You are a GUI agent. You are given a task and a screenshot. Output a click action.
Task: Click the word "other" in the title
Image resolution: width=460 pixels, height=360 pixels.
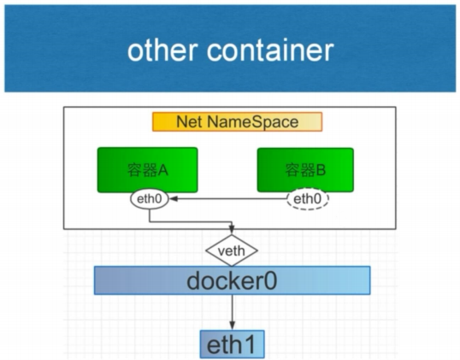click(x=162, y=50)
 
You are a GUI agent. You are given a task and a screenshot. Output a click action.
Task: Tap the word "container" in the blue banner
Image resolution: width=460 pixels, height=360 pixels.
click(x=270, y=50)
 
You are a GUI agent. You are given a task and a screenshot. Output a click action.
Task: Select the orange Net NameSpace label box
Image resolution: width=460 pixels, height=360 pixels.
click(x=238, y=121)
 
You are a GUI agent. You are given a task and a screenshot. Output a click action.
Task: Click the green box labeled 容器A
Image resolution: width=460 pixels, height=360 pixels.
click(x=148, y=170)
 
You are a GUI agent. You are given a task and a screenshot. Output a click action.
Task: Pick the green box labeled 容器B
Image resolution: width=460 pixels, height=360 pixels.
click(x=305, y=170)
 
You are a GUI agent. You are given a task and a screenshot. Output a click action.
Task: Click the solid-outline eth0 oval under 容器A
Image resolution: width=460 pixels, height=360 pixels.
click(x=150, y=199)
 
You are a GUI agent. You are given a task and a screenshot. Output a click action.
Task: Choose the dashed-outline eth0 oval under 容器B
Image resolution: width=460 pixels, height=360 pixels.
click(x=308, y=199)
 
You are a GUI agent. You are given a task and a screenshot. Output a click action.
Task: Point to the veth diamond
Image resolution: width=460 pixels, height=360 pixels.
click(x=232, y=251)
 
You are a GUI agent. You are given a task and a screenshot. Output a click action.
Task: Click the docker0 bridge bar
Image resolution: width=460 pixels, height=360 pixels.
click(x=232, y=280)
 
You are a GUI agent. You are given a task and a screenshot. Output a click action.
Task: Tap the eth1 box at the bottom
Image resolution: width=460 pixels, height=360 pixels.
click(x=232, y=344)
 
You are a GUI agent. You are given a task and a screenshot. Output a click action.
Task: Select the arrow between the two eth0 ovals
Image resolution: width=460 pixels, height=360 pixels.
click(x=228, y=199)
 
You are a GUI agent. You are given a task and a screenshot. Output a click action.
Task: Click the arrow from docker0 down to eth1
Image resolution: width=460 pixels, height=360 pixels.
click(x=232, y=312)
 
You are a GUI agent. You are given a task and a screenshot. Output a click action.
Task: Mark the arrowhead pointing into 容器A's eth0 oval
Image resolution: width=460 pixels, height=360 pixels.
click(x=173, y=199)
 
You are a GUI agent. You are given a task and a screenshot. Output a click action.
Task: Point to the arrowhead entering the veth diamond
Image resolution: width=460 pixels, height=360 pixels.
click(x=232, y=230)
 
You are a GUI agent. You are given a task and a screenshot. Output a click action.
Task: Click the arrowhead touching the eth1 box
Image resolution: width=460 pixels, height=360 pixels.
click(x=232, y=326)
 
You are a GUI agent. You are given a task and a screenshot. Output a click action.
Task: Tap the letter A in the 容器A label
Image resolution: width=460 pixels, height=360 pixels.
click(x=162, y=170)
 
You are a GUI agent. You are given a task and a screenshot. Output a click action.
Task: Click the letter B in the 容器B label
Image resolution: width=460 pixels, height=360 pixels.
click(x=321, y=170)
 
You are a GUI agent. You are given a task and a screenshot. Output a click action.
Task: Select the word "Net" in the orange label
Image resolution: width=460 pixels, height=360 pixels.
click(x=189, y=121)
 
